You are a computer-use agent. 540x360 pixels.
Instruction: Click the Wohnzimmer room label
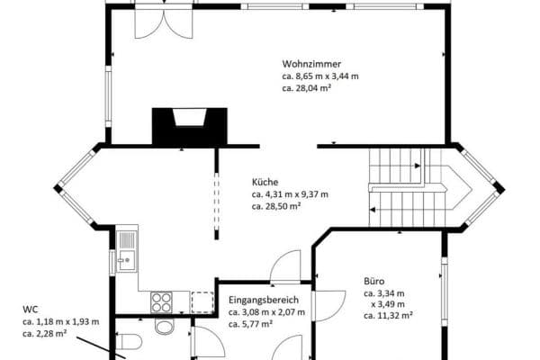pos(311,64)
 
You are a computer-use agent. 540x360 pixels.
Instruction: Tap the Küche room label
pos(265,182)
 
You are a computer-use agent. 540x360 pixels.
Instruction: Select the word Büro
pos(374,281)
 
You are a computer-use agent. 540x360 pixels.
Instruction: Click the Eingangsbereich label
pos(264,300)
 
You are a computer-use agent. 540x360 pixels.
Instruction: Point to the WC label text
pos(31,309)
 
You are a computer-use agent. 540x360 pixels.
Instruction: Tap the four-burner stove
pos(161,302)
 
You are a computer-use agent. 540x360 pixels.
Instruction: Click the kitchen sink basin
pos(127,260)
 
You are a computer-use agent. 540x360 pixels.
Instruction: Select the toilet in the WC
pos(129,342)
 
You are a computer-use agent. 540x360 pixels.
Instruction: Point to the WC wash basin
pos(165,326)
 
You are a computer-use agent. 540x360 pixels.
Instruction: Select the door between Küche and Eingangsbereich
pos(285,266)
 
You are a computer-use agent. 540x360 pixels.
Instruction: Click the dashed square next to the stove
pos(202,302)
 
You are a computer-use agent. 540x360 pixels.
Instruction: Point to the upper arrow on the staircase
pos(418,166)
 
